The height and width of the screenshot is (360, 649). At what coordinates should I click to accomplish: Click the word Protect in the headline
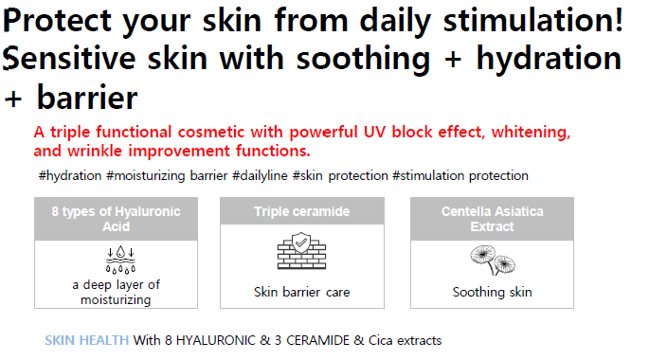57,20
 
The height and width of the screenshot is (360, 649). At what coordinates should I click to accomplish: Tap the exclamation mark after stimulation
619,20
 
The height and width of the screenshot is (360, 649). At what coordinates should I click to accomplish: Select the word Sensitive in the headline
69,58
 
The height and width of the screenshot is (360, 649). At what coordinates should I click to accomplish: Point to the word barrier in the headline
87,98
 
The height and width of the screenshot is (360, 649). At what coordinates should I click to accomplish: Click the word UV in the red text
375,132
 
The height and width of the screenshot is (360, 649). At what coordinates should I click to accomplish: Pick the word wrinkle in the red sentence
96,151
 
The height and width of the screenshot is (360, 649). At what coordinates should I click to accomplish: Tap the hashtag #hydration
70,175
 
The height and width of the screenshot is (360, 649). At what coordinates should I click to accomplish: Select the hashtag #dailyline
260,175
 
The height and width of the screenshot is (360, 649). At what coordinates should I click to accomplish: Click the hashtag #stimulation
428,175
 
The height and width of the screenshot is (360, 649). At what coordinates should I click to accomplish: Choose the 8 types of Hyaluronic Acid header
116,219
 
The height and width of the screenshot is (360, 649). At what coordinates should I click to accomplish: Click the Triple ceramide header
302,211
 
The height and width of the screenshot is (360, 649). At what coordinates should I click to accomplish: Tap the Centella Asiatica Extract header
492,219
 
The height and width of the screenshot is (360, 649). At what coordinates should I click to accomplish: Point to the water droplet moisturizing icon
120,260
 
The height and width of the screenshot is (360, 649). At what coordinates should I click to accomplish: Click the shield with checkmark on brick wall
301,251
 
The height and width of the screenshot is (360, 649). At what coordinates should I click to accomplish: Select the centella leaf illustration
493,260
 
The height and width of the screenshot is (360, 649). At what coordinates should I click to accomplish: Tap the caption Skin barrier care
302,292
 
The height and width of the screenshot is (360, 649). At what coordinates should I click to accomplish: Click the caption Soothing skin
492,292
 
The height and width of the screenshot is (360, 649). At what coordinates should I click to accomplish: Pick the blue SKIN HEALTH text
87,340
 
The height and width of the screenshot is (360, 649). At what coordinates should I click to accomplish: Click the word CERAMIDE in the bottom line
318,340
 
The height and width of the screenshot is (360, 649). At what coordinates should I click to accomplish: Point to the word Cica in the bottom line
380,340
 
